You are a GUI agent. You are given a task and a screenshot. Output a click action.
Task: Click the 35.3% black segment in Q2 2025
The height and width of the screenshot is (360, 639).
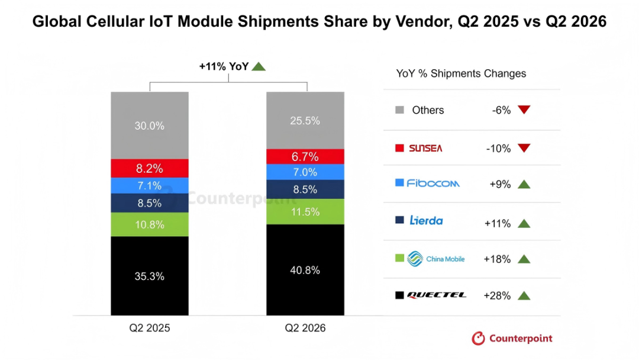(x=150, y=275)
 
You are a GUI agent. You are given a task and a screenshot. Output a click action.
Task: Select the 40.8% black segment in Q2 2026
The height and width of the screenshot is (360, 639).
(x=305, y=269)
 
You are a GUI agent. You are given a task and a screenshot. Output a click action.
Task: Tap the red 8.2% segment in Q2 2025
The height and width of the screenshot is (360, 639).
(x=150, y=168)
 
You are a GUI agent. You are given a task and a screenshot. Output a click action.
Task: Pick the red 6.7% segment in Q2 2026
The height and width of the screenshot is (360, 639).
(x=305, y=156)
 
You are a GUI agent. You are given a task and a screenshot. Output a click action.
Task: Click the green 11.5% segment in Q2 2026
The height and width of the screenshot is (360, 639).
(x=305, y=211)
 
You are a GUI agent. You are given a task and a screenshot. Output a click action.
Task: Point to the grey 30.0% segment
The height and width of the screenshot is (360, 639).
(x=150, y=126)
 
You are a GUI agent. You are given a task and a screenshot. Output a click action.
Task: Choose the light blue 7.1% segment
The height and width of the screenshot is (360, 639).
(x=150, y=185)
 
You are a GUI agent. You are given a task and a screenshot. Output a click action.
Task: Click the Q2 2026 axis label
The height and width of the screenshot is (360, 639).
(x=305, y=328)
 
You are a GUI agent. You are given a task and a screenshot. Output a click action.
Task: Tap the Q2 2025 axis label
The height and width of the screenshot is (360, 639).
(x=150, y=328)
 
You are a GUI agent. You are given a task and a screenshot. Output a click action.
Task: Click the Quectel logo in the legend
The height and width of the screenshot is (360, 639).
(x=437, y=295)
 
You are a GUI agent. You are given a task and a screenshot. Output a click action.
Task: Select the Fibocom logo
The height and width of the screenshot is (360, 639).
(x=433, y=184)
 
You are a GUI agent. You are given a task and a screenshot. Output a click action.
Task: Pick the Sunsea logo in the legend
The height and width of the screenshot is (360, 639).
(x=425, y=149)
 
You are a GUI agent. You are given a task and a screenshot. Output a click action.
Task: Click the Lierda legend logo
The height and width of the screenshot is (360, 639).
(x=426, y=221)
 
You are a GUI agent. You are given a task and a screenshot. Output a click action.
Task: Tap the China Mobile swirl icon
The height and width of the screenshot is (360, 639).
(x=415, y=259)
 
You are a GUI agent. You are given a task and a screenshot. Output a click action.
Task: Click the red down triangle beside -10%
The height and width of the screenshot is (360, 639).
(x=524, y=148)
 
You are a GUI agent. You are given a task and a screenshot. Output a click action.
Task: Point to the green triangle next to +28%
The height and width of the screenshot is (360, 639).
(x=524, y=296)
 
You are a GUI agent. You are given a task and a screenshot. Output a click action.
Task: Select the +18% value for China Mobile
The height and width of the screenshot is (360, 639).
(x=497, y=259)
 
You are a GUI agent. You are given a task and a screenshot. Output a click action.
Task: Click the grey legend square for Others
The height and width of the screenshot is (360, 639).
(x=400, y=110)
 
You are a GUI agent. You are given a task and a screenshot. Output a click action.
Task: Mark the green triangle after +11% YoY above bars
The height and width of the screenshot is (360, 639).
(x=259, y=66)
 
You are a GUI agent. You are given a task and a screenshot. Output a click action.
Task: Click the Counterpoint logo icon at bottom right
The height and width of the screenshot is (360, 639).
(x=479, y=339)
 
